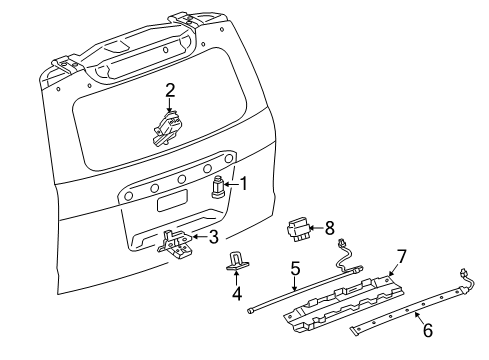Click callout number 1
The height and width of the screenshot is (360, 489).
tap(242, 183)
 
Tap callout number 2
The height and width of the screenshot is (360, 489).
tap(170, 90)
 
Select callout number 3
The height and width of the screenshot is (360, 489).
tap(212, 237)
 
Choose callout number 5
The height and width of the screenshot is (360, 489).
tap(296, 268)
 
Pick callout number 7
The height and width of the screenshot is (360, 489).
tap(400, 257)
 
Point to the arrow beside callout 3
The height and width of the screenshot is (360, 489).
tap(199, 237)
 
